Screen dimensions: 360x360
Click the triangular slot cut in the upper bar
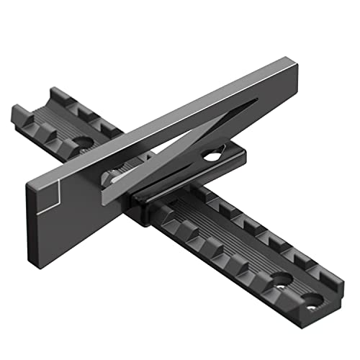[209, 130]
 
